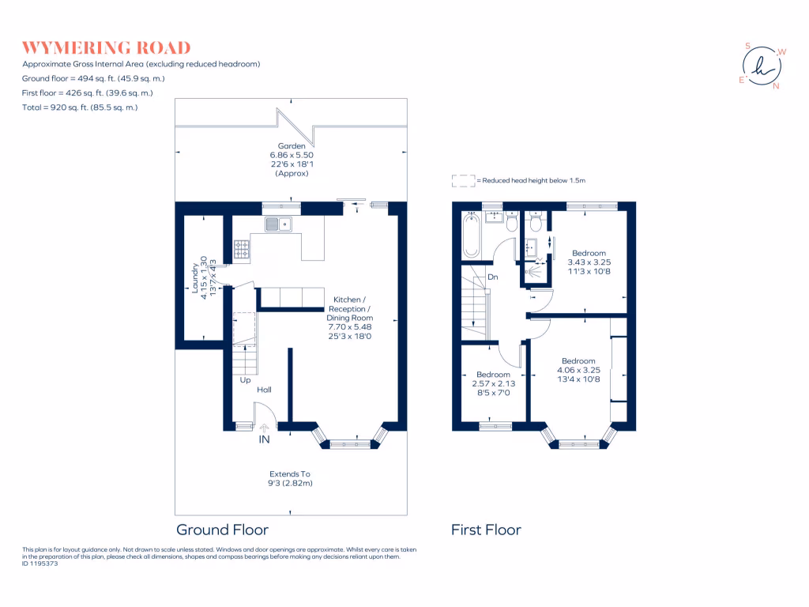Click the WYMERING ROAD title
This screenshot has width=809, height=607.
tap(107, 48)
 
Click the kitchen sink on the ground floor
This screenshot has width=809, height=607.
tap(278, 225)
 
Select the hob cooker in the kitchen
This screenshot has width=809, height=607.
tap(242, 251)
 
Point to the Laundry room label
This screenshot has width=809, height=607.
tap(199, 274)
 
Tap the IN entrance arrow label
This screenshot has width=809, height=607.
tap(264, 439)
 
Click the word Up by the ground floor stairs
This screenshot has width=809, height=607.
tap(246, 379)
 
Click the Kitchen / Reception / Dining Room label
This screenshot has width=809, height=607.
tap(348, 318)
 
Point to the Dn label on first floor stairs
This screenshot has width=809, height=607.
tap(492, 277)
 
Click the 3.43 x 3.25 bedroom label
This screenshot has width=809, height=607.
tap(589, 262)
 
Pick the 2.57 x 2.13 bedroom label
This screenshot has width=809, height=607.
tap(493, 383)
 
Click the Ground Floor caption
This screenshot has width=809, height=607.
tap(222, 530)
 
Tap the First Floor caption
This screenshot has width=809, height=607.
tap(486, 530)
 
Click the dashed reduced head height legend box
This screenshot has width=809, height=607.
tap(463, 181)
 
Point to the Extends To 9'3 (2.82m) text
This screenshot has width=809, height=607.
tap(292, 478)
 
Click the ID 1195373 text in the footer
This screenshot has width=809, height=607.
tap(40, 564)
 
